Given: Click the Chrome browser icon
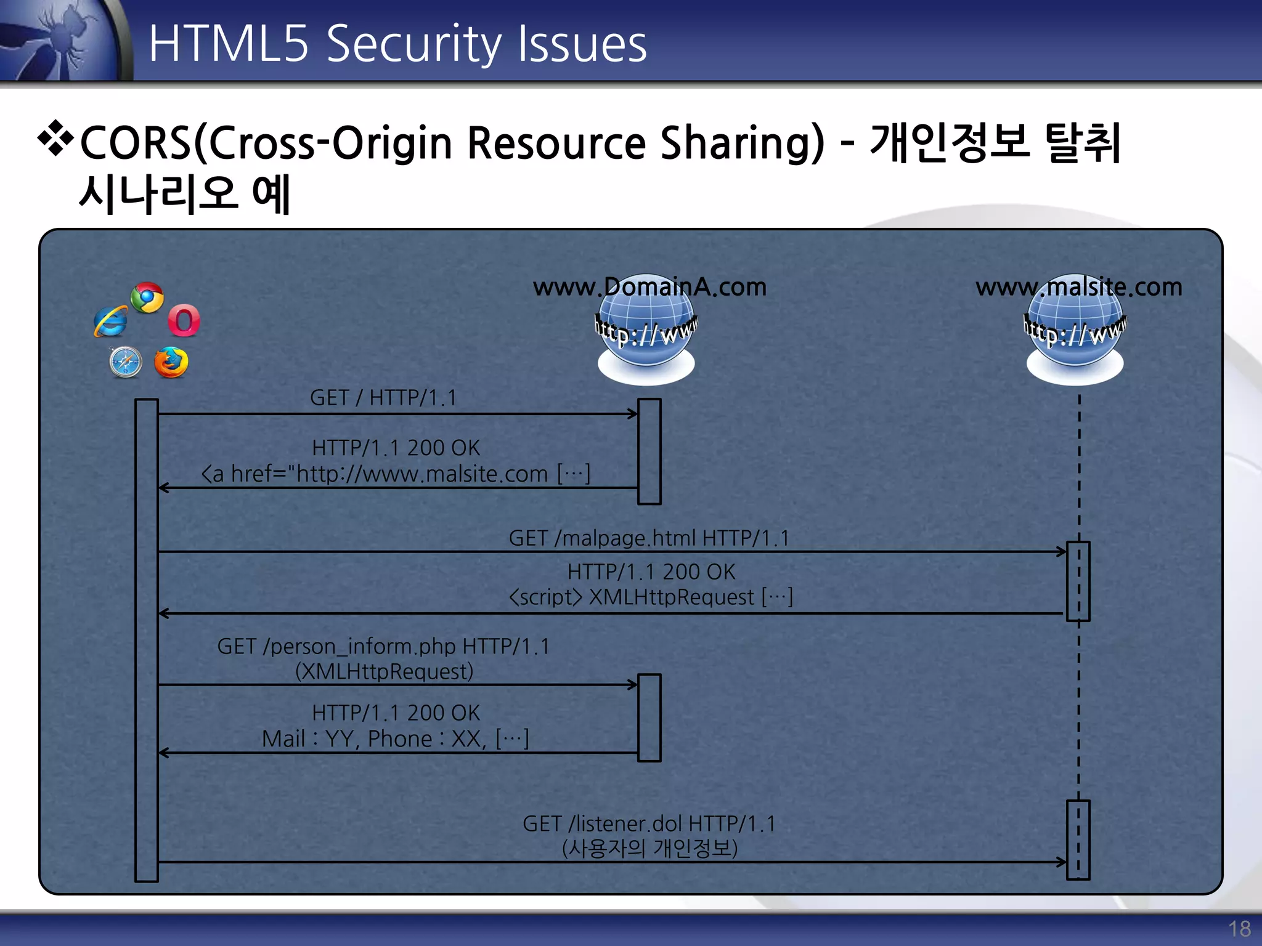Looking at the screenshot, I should (x=147, y=298).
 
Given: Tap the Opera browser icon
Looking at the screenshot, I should (x=184, y=321).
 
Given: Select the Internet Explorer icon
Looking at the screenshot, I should (x=111, y=321).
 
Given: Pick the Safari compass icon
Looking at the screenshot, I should (x=126, y=362).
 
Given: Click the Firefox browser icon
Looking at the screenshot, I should (x=171, y=362).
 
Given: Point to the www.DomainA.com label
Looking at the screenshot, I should (x=649, y=287).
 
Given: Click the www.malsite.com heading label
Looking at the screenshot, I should (x=1078, y=287).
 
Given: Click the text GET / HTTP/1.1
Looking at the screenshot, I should (x=383, y=398).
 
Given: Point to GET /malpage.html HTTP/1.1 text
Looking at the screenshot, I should (x=649, y=538).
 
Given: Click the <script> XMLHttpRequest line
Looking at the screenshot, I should (x=651, y=597).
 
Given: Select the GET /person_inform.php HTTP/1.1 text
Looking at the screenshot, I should (x=383, y=647).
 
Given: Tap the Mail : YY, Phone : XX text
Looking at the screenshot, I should (x=395, y=738).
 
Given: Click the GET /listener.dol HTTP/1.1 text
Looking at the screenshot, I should (x=649, y=824).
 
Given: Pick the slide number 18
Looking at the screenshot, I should (x=1239, y=929).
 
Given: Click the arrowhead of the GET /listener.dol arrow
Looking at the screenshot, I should (x=1062, y=862).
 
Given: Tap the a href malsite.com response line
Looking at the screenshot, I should (x=396, y=474).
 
